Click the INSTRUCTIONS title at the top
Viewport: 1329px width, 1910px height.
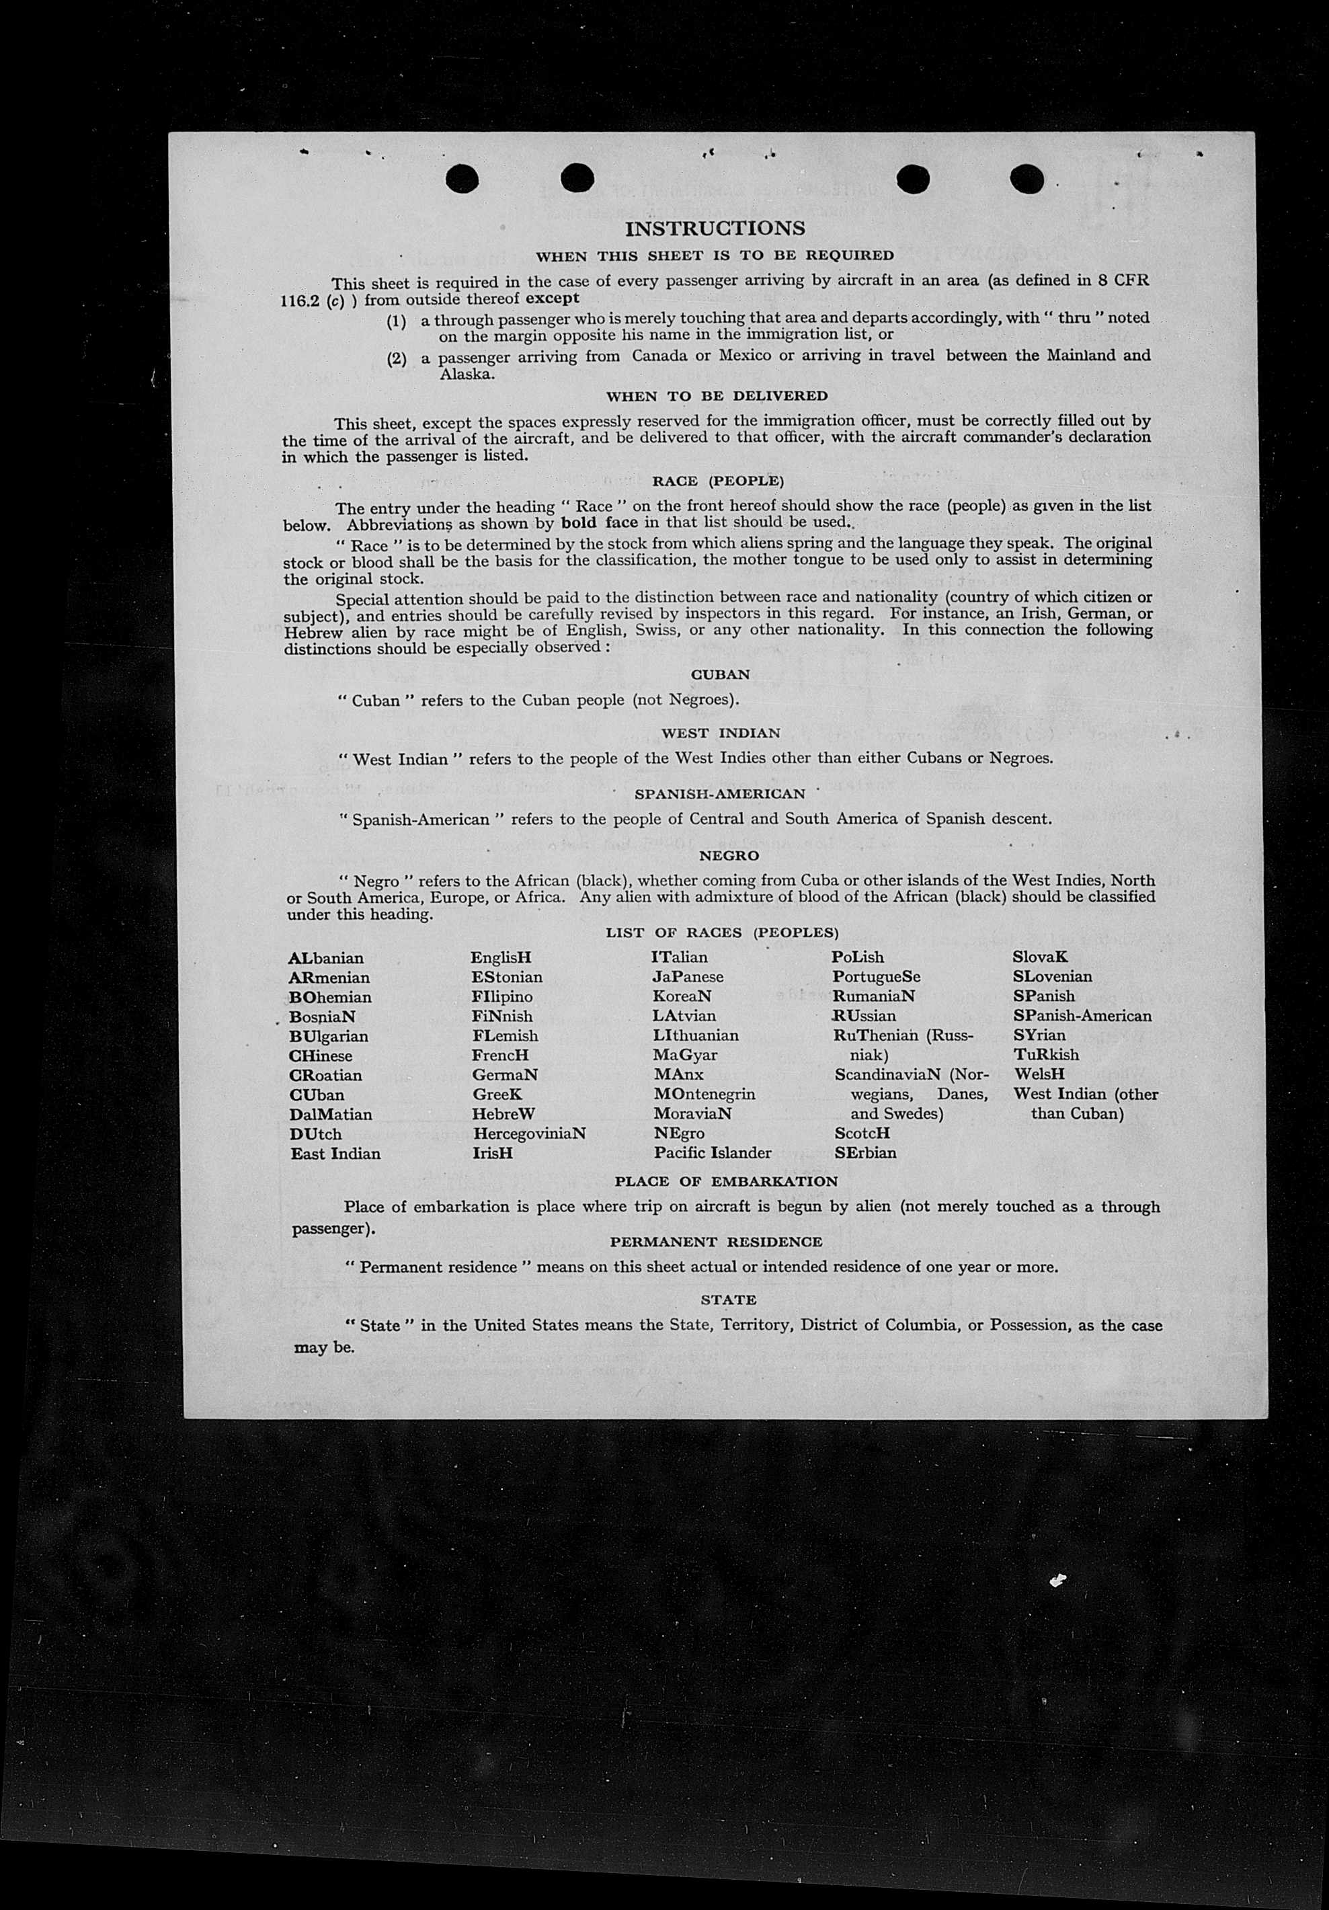[715, 228]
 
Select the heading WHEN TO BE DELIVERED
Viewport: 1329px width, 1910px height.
[717, 396]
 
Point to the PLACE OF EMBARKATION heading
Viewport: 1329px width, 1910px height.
[726, 1181]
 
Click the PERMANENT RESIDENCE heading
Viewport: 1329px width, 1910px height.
[716, 1241]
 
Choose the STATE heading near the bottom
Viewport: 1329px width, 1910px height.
[729, 1300]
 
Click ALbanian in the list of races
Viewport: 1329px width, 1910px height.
[326, 958]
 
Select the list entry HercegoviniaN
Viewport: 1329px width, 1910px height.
[530, 1133]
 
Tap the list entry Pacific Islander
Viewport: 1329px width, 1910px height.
[712, 1153]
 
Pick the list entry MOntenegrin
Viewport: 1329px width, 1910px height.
[704, 1094]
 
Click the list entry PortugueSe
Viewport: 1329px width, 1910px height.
[876, 977]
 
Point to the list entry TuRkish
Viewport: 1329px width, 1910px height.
[1046, 1055]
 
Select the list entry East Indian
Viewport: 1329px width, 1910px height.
[335, 1154]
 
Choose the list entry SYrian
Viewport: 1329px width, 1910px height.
[1039, 1036]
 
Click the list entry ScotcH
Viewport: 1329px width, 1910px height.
[862, 1133]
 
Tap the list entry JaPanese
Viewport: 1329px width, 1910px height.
[688, 977]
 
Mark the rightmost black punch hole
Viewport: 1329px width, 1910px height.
[1026, 179]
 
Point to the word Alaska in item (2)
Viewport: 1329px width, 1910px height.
[467, 374]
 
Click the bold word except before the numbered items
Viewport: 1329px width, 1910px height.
[552, 299]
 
